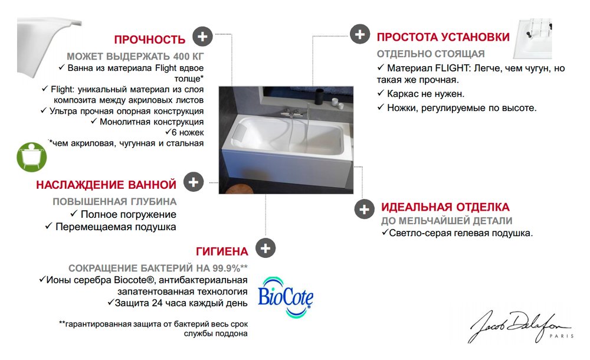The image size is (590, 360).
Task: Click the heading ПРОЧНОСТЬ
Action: coord(149,40)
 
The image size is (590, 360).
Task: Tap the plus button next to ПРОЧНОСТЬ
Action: coord(202,36)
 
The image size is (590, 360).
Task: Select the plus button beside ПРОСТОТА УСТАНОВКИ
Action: coord(359,34)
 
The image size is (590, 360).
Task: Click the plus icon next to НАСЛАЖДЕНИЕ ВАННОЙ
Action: coord(192,182)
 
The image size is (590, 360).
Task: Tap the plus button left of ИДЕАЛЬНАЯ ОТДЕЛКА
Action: coord(363,209)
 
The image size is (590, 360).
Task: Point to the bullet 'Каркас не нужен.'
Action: coord(425,94)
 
